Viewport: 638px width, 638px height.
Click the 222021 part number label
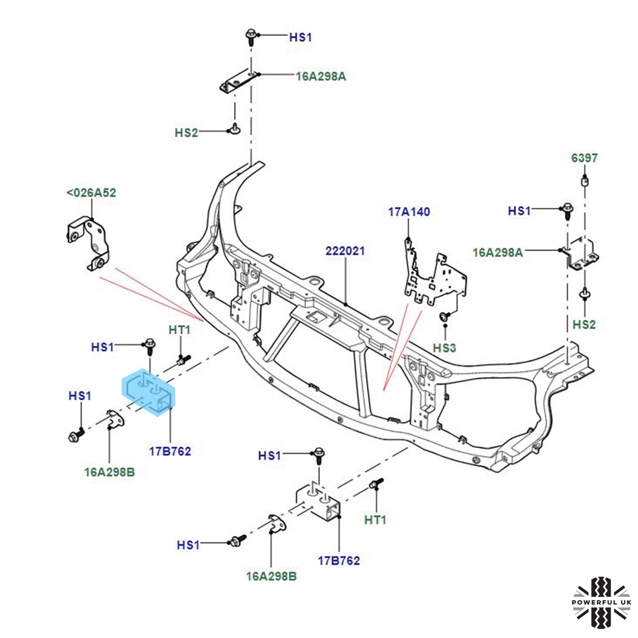(345, 251)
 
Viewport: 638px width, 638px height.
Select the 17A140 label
(409, 212)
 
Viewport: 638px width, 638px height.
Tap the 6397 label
(584, 158)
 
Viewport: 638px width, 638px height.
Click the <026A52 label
(91, 193)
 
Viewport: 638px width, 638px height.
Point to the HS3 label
(444, 348)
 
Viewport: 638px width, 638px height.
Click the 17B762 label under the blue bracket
(170, 451)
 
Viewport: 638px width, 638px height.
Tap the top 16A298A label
(321, 76)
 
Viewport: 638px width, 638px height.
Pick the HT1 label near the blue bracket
(179, 330)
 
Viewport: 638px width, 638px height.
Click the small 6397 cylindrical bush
(585, 181)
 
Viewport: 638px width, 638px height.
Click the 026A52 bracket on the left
(88, 243)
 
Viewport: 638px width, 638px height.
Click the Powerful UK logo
(601, 602)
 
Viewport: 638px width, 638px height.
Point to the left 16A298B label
(109, 472)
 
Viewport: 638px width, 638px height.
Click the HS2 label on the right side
(584, 325)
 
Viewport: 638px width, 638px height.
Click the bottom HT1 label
(375, 520)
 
